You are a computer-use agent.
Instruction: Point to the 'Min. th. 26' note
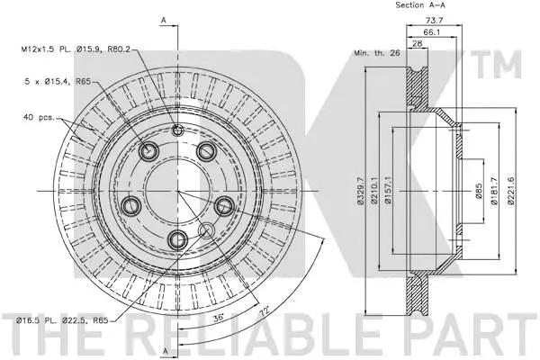375,53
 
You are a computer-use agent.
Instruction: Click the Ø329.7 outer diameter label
360,193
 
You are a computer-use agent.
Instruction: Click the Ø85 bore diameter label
481,192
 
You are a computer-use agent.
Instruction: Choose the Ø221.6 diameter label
510,193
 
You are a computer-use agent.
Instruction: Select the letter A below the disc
165,350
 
